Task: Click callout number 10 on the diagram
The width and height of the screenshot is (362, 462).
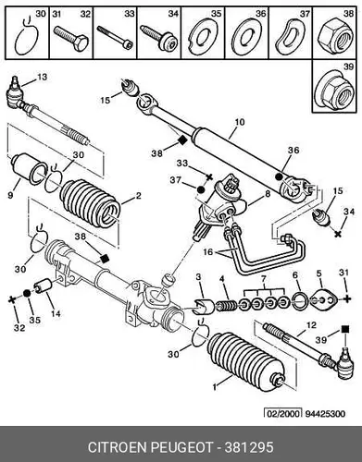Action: click(x=239, y=122)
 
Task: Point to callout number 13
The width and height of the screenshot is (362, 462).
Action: click(x=42, y=77)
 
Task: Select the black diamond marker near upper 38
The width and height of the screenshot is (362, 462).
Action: click(x=182, y=140)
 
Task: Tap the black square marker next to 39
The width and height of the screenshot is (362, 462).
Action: click(x=345, y=329)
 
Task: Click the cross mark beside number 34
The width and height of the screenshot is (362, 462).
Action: click(x=338, y=234)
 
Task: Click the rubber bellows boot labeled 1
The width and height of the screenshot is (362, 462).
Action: click(x=246, y=361)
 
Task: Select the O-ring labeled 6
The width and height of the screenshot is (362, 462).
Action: click(x=300, y=301)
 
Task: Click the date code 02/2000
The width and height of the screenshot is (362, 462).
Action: click(x=281, y=413)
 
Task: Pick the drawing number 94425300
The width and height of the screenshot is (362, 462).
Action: click(x=325, y=413)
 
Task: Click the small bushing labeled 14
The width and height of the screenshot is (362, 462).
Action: click(x=44, y=286)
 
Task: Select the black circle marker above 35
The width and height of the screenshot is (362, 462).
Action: click(x=27, y=294)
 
